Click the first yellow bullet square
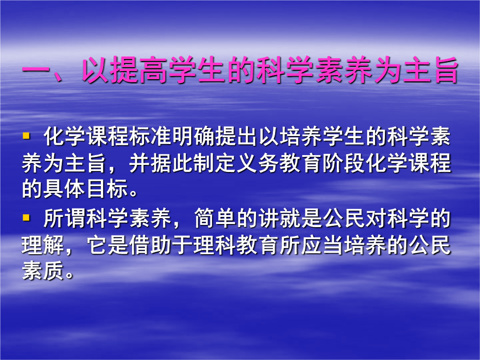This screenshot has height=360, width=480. tap(26, 135)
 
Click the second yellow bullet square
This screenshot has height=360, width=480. tap(26, 218)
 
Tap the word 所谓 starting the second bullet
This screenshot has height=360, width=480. tap(64, 219)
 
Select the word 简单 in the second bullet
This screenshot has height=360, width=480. tap(215, 219)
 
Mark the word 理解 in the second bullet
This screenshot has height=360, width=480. tap(43, 245)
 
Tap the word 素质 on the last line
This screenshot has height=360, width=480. tap(43, 271)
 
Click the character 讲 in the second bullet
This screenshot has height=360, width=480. tap(268, 219)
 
